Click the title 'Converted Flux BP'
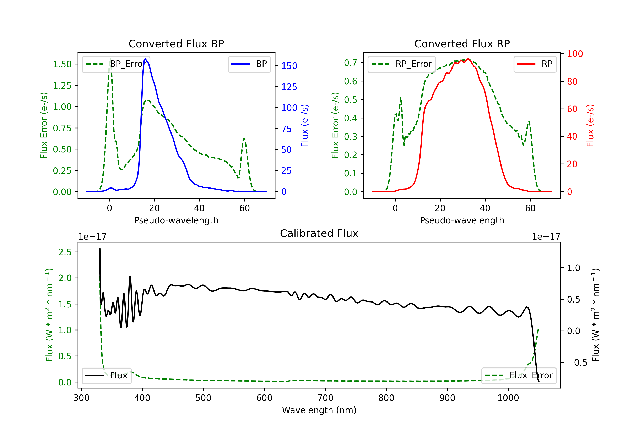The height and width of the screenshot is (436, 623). (x=176, y=44)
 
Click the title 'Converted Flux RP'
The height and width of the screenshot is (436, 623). (x=462, y=44)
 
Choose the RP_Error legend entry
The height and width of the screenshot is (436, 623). (x=402, y=64)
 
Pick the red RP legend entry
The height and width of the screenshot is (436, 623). (x=535, y=64)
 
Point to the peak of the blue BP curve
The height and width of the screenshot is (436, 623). (x=145, y=59)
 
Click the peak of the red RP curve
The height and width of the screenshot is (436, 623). (x=468, y=59)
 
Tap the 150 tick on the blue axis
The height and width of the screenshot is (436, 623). (x=289, y=66)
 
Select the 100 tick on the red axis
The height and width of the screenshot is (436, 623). (x=575, y=54)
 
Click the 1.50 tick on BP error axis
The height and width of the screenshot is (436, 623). (x=62, y=64)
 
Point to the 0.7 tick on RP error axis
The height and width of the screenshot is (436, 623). (x=350, y=63)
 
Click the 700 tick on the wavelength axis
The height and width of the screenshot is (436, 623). (x=325, y=398)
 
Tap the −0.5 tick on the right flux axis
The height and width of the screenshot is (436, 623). (x=577, y=363)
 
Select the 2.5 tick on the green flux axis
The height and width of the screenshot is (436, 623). (x=65, y=252)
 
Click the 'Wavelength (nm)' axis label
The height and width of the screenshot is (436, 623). (x=319, y=410)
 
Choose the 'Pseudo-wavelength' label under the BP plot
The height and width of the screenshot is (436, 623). (x=176, y=220)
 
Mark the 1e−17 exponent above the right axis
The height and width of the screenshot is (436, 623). (x=546, y=237)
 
